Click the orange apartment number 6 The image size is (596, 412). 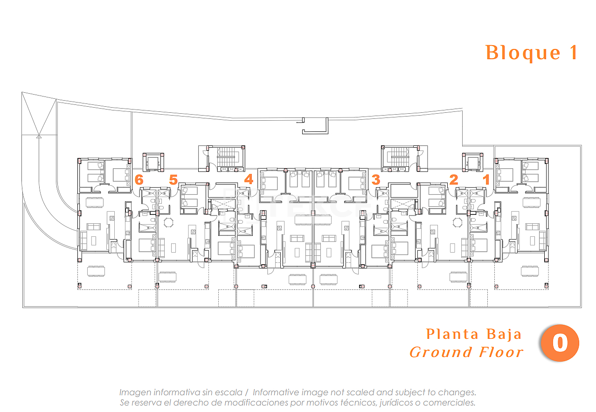point(139,180)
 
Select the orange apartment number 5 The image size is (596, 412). point(173,180)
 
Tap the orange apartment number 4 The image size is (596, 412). point(249,179)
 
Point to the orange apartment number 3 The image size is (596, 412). point(376,179)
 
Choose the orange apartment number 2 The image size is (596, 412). point(454,179)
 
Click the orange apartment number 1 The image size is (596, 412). point(486,179)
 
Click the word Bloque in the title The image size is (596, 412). point(523,53)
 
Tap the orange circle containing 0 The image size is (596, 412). point(560,343)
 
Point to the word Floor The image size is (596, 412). point(501,352)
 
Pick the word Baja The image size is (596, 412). point(504,335)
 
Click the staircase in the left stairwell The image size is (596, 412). point(227,157)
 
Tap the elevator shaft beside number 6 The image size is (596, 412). point(153,162)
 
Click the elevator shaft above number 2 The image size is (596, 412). point(472,162)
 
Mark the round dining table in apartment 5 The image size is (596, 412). point(168,222)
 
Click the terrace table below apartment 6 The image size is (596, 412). point(96,271)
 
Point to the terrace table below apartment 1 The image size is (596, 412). point(530,271)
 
